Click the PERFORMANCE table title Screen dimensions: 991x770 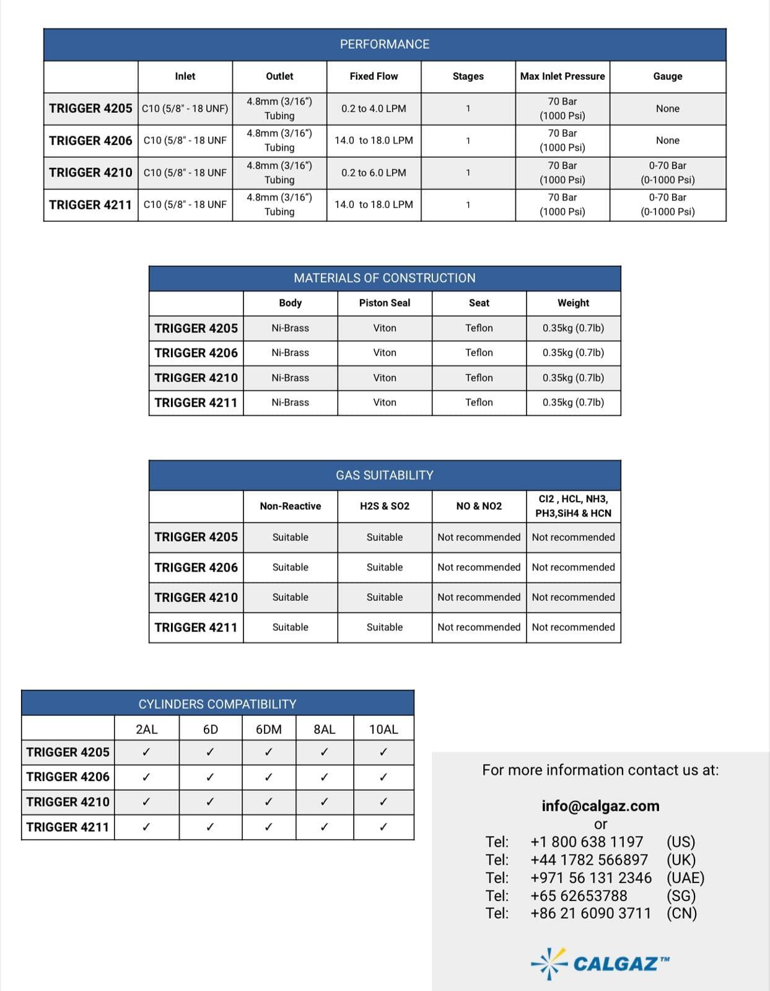384,45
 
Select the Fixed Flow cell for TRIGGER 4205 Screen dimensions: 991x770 374,108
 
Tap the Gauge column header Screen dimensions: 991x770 667,76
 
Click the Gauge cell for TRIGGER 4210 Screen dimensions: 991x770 667,173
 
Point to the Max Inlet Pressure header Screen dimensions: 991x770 562,76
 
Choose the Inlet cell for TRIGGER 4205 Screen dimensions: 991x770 185,108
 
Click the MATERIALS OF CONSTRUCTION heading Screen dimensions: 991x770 384,278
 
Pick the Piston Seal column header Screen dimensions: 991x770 384,303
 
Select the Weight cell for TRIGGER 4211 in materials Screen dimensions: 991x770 573,403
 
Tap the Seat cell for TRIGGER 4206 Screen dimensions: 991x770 479,352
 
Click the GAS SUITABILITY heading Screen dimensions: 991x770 384,475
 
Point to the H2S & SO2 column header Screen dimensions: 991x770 384,506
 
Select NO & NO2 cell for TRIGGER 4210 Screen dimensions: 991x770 479,597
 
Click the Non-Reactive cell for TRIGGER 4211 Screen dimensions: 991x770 290,627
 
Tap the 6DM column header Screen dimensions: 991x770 268,729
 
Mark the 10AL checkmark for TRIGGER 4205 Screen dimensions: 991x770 383,752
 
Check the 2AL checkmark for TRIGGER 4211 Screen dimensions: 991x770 146,827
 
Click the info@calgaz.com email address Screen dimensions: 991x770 600,806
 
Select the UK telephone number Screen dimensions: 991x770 588,860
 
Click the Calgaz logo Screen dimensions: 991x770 600,963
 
